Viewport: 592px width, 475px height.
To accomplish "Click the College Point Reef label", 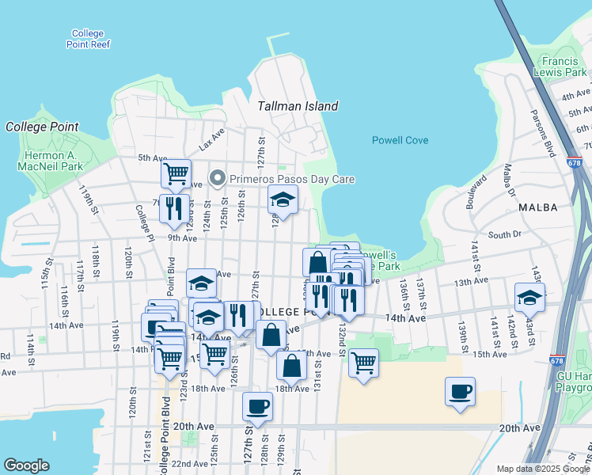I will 88,39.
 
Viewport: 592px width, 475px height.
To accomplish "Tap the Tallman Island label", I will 298,106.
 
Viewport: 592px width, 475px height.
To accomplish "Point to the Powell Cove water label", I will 400,140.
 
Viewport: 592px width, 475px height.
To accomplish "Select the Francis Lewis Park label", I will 564,66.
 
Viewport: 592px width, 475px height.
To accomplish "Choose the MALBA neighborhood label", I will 537,207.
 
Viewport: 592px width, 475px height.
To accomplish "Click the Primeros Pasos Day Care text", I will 292,179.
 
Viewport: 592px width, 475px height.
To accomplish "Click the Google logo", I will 26,465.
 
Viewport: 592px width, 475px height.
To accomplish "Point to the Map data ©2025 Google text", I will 542,469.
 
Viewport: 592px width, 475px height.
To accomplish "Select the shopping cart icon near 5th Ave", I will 175,172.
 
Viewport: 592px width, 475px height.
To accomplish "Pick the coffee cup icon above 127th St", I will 257,405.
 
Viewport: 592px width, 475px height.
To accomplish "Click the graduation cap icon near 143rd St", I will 529,297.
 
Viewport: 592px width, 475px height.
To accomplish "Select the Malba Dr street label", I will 509,180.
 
